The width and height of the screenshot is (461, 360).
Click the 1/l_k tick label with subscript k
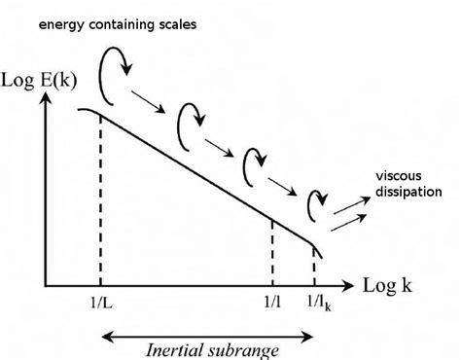click(x=317, y=305)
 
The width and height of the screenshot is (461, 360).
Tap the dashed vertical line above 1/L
click(x=101, y=204)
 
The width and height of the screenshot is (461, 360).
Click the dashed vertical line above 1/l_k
click(x=314, y=265)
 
